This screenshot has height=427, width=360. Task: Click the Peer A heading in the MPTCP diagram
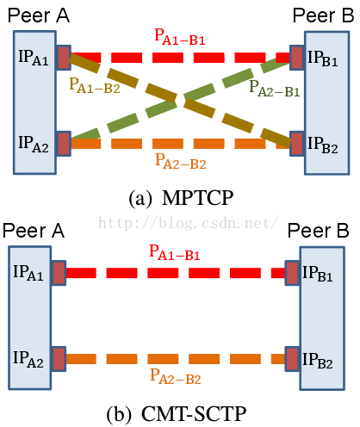click(39, 15)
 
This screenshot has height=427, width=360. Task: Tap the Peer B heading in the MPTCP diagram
click(323, 15)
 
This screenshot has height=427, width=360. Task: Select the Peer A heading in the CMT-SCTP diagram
click(34, 231)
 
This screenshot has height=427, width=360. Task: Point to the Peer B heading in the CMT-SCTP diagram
click(318, 231)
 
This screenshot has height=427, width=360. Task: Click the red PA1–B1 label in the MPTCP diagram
click(180, 37)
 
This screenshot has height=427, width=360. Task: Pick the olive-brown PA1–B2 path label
click(95, 85)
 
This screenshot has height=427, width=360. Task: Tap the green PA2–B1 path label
click(275, 89)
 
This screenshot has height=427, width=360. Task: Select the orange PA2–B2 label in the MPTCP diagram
click(181, 161)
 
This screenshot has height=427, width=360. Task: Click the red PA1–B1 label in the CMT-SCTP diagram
click(175, 252)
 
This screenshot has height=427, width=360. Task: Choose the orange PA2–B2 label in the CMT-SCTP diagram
click(176, 376)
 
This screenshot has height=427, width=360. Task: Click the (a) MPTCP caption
click(181, 198)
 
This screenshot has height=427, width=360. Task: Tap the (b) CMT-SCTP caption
click(177, 414)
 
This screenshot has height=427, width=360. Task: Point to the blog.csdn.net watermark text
click(188, 223)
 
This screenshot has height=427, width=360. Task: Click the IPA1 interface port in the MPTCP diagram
click(64, 58)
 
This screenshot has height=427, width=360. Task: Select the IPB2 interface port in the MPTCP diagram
click(297, 144)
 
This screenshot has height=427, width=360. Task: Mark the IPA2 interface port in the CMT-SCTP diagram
click(59, 359)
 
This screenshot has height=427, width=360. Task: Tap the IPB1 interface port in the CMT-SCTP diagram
click(292, 273)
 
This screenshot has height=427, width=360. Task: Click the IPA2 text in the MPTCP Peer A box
click(34, 144)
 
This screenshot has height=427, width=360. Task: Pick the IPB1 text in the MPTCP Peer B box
click(323, 59)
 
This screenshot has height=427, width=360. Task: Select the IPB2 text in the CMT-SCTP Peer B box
click(318, 361)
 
